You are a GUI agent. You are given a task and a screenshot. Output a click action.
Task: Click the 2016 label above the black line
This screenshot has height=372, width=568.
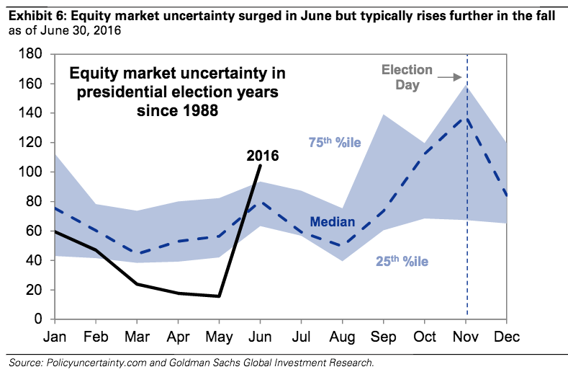[262, 154]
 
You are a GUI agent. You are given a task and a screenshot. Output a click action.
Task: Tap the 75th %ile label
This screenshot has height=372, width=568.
[335, 143]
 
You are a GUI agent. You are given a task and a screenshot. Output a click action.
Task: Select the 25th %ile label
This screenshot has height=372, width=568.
[402, 262]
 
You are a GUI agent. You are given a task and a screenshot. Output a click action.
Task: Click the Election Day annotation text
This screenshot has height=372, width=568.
[407, 77]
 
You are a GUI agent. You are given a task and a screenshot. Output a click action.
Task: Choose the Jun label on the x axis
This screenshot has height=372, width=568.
[260, 337]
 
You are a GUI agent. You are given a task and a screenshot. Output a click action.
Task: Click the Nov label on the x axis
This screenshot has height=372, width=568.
[466, 337]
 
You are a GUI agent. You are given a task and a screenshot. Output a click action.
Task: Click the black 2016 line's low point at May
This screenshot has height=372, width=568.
[219, 296]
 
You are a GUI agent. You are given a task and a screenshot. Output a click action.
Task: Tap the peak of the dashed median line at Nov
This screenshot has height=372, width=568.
[466, 118]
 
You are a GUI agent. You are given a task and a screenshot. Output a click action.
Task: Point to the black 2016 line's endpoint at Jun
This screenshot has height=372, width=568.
[260, 165]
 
